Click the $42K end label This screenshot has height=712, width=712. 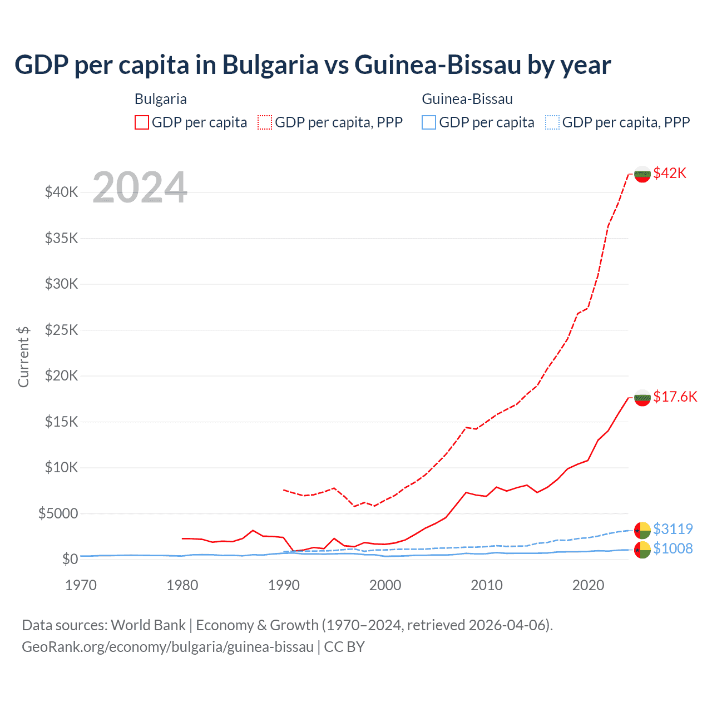[670, 173]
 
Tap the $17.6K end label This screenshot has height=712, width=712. [675, 397]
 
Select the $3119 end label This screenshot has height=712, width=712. [673, 528]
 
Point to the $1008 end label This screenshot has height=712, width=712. [673, 548]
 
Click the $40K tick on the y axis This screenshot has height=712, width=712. [61, 192]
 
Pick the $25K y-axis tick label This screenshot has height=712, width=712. [61, 330]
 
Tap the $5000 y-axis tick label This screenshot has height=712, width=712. [58, 513]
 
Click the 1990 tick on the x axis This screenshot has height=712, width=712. [284, 585]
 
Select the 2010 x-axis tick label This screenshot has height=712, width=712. [487, 585]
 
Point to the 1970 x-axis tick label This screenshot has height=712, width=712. [81, 585]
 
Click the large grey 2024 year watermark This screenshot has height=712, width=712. [140, 187]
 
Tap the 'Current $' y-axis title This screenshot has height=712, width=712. [23, 357]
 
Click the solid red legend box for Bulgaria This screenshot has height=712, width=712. [142, 122]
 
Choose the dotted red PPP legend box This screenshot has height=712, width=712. [265, 122]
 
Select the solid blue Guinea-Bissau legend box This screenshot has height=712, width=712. [429, 122]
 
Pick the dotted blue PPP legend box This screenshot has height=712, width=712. [552, 122]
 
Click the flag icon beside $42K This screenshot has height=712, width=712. [642, 174]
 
